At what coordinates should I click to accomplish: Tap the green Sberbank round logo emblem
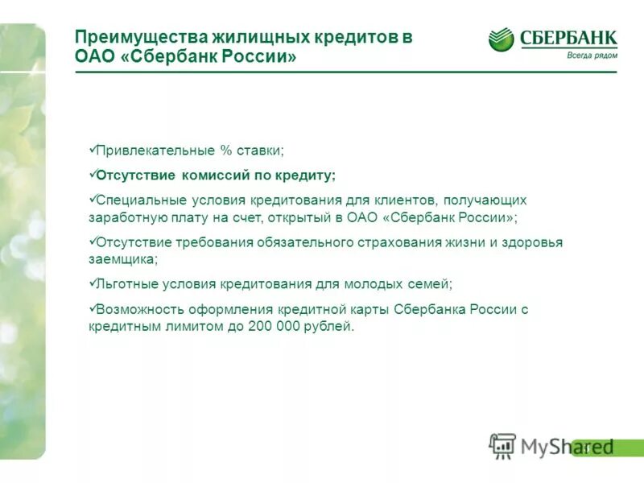tap(501, 39)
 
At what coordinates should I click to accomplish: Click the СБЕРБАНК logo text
tap(568, 37)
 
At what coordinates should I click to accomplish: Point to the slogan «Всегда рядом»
tap(592, 55)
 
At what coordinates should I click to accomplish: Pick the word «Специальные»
tap(140, 200)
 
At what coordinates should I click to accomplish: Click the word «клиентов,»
tap(407, 200)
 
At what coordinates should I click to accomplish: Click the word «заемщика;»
tap(122, 260)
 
